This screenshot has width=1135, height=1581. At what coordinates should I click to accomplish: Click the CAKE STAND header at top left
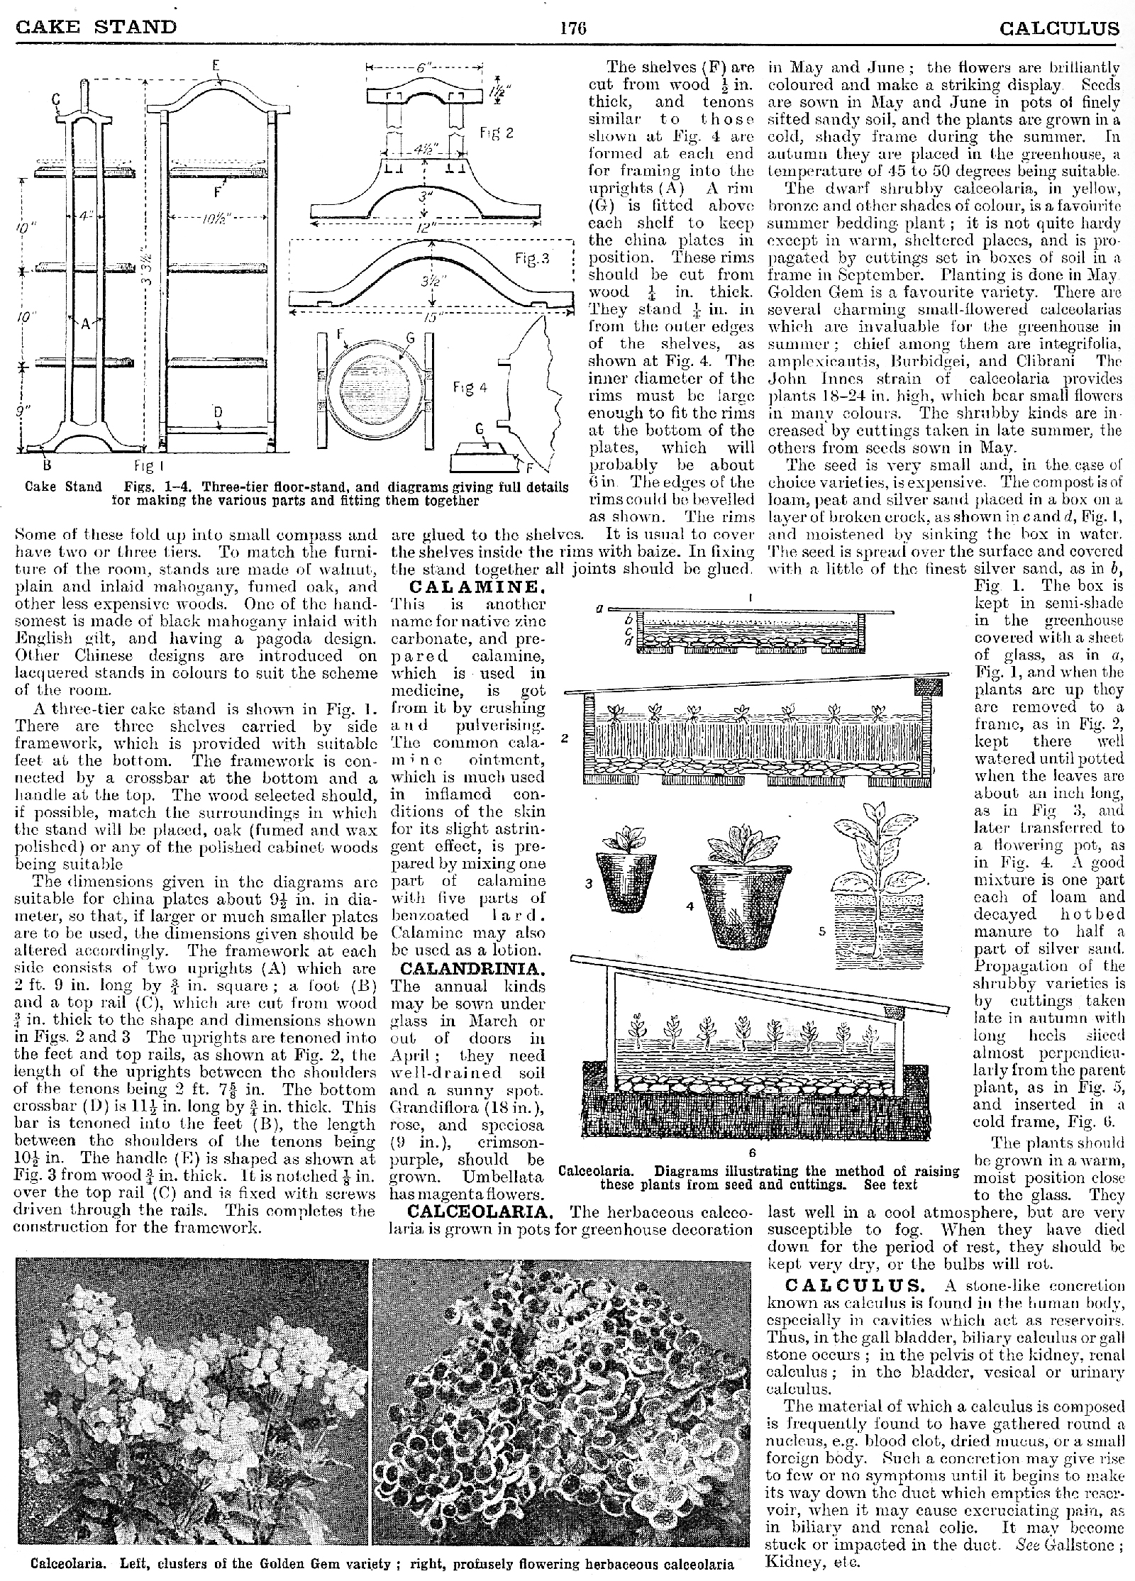click(96, 27)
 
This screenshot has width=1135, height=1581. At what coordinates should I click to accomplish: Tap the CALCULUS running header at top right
click(1059, 28)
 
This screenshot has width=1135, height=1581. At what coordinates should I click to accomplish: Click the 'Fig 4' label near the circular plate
click(469, 388)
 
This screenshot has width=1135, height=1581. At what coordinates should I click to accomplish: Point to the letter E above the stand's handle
click(216, 66)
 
